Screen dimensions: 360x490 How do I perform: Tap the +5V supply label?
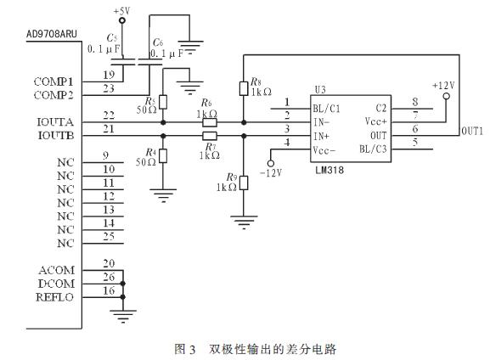(122, 11)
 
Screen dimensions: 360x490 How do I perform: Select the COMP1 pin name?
(54, 82)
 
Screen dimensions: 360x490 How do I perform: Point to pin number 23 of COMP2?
(108, 87)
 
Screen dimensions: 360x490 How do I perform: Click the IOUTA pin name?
(55, 122)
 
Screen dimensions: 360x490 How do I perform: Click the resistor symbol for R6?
(210, 122)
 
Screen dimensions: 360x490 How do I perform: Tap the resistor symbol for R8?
(244, 88)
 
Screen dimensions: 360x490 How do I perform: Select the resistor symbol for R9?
(244, 182)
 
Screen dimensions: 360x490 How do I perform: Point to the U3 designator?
(320, 88)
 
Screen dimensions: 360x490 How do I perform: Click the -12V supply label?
(272, 173)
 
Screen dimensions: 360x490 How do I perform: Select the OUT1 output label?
(471, 132)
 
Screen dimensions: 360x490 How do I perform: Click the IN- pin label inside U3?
(323, 122)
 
